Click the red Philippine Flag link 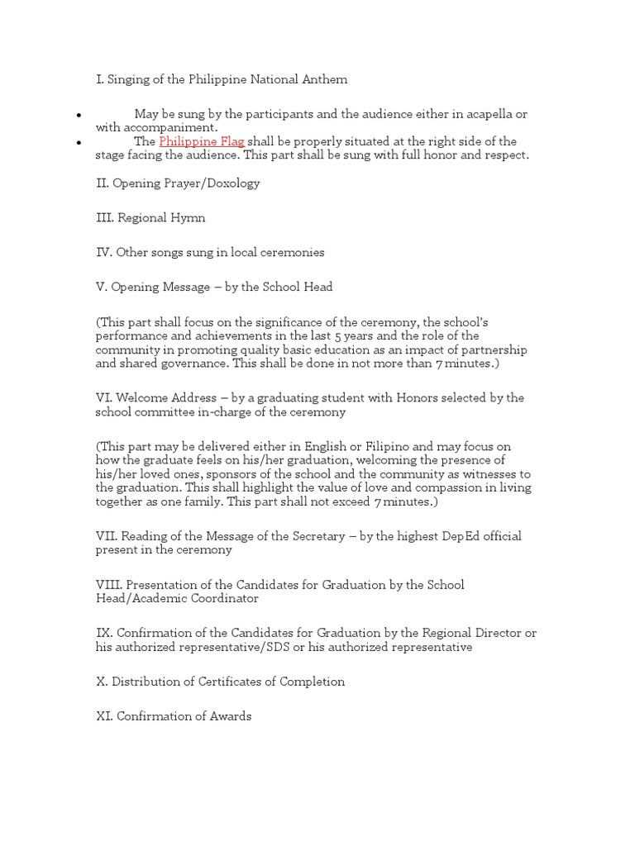coord(201,141)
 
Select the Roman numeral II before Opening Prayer coord(102,183)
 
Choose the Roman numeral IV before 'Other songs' coord(104,253)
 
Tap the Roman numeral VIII coord(107,585)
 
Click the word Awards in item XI coord(231,716)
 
